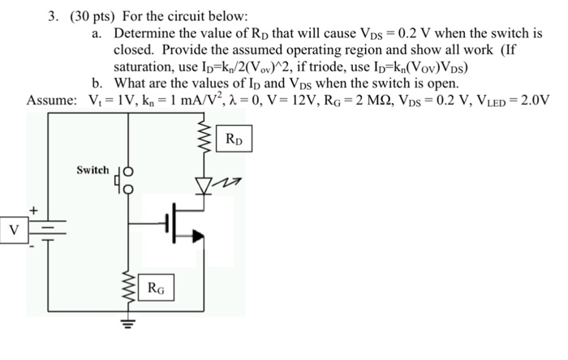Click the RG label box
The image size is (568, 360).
click(157, 286)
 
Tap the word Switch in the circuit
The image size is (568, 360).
click(93, 170)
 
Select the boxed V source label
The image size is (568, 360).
click(14, 229)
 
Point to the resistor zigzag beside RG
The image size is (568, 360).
click(126, 285)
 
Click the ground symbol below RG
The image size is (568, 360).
click(126, 319)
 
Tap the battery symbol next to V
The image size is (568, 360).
click(47, 230)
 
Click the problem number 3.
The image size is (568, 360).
click(52, 16)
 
